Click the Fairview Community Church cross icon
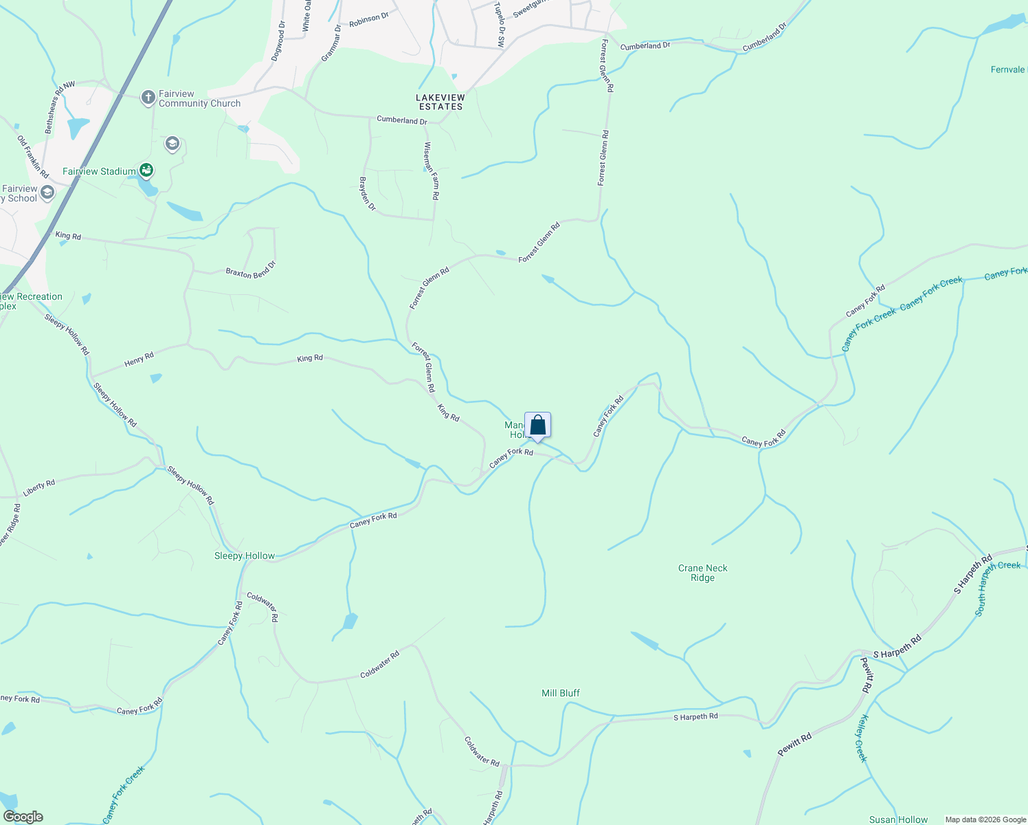148,98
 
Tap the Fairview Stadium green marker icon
146,170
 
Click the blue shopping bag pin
537,426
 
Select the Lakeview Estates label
440,102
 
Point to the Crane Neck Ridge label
702,573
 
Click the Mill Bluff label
561,693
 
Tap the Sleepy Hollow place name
245,555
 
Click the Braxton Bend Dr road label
251,269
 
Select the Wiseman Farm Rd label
432,171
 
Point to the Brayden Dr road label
368,194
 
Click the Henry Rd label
139,359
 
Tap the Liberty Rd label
39,489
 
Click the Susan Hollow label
898,819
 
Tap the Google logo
23,817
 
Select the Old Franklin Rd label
33,157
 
